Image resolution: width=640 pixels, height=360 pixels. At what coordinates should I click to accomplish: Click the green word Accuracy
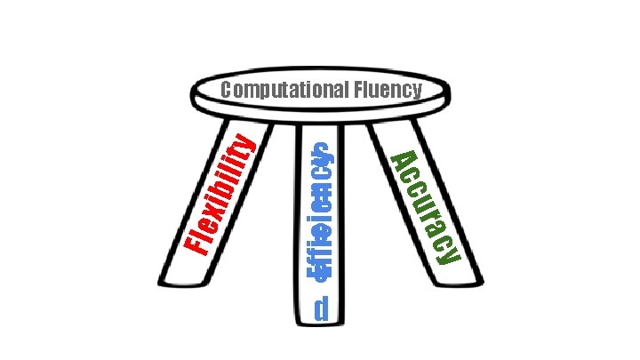(x=426, y=207)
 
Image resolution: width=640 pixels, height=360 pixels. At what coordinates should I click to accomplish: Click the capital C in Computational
(x=227, y=89)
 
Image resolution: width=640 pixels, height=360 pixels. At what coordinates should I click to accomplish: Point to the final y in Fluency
(x=415, y=91)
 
